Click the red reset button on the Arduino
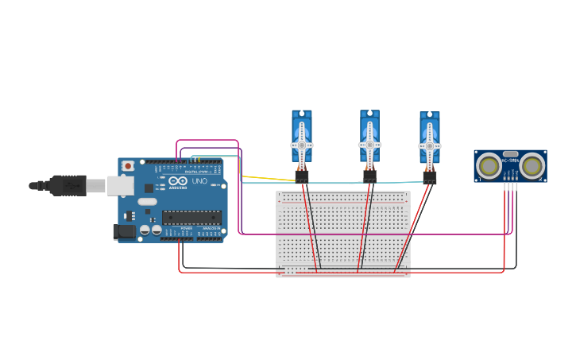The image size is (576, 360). tap(127, 166)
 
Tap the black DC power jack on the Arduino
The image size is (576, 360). tap(124, 231)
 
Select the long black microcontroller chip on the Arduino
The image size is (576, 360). tap(191, 217)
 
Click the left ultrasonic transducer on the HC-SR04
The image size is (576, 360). tap(489, 166)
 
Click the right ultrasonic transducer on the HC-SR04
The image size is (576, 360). tap(532, 166)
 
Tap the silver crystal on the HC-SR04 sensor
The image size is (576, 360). tap(510, 154)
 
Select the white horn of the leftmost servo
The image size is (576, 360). tap(302, 146)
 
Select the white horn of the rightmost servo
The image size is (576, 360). tap(430, 147)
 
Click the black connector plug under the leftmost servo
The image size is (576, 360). tap(302, 177)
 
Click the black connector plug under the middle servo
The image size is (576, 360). tap(370, 176)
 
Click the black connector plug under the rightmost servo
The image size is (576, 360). tap(430, 178)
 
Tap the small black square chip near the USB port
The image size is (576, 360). tap(149, 188)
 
